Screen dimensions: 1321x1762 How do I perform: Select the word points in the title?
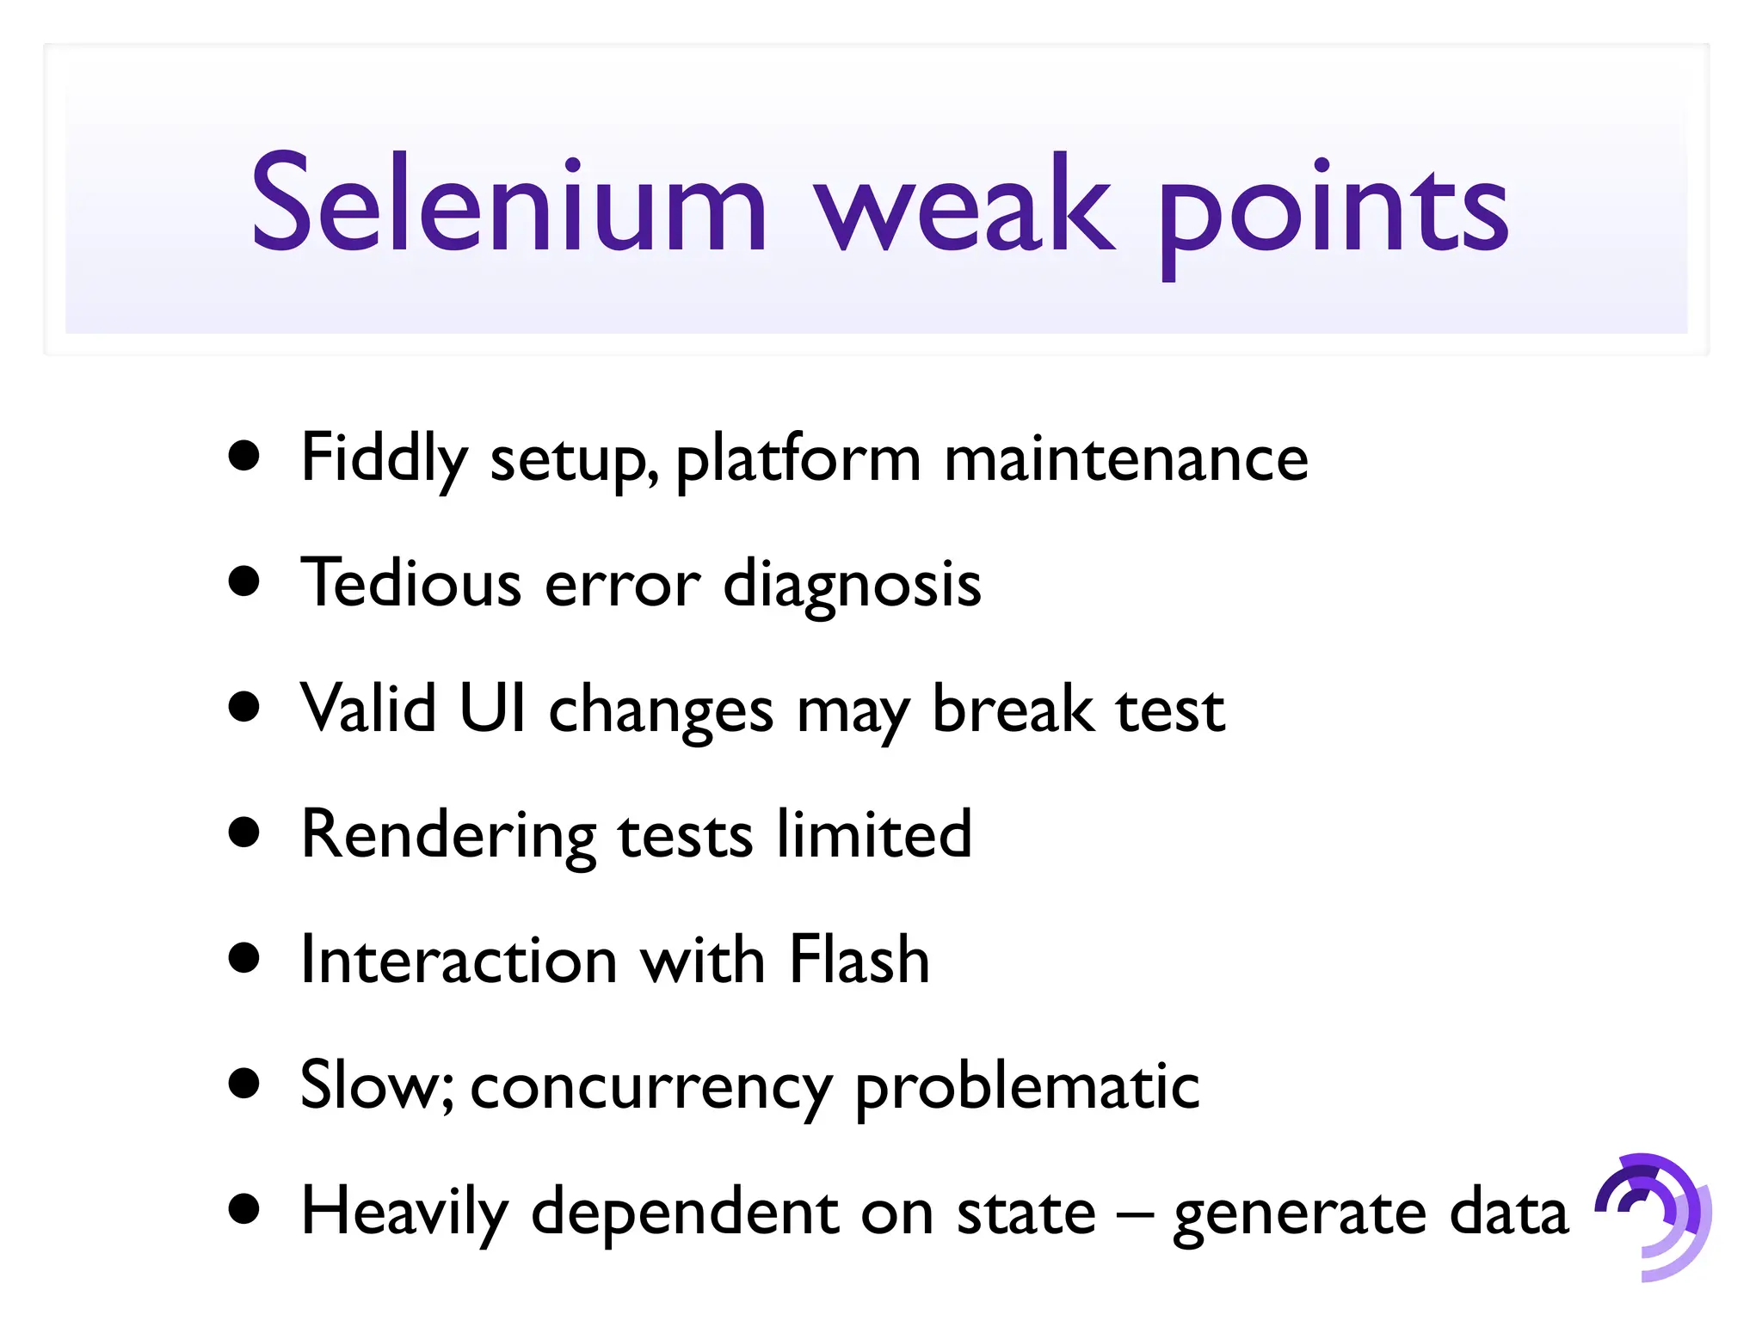point(1334,211)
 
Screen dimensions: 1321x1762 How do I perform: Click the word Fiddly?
point(384,458)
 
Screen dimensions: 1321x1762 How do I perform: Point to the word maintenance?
point(1126,458)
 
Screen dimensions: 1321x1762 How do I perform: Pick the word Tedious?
point(410,583)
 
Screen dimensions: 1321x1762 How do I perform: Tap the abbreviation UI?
point(492,708)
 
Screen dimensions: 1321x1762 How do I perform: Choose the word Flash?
point(859,958)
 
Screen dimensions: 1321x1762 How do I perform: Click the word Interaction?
point(459,958)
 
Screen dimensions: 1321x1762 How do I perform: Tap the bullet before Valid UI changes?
point(245,707)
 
